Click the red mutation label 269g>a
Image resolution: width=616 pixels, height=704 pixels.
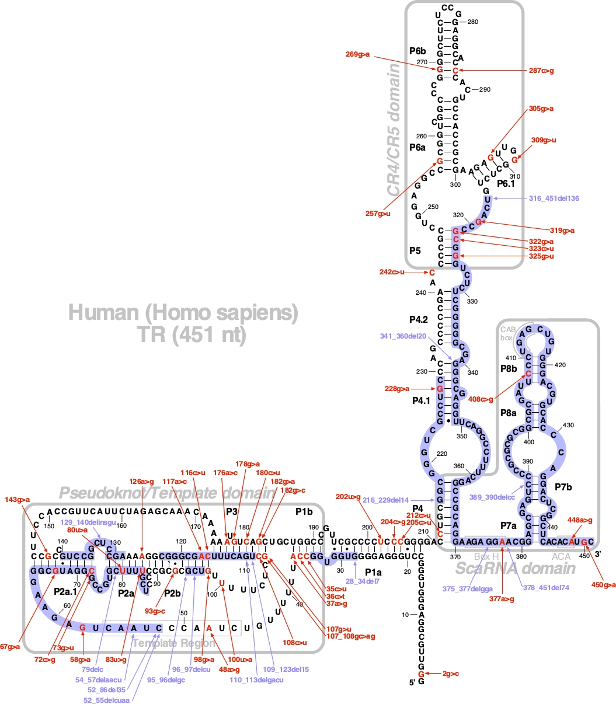(x=357, y=54)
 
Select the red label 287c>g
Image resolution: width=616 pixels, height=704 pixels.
(x=541, y=71)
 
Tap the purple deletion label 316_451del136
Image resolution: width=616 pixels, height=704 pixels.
(x=554, y=198)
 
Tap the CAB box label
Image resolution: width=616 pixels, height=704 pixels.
(x=507, y=334)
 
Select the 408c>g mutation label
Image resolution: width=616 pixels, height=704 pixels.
(x=481, y=400)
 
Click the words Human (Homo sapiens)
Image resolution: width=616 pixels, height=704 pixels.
(x=183, y=314)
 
